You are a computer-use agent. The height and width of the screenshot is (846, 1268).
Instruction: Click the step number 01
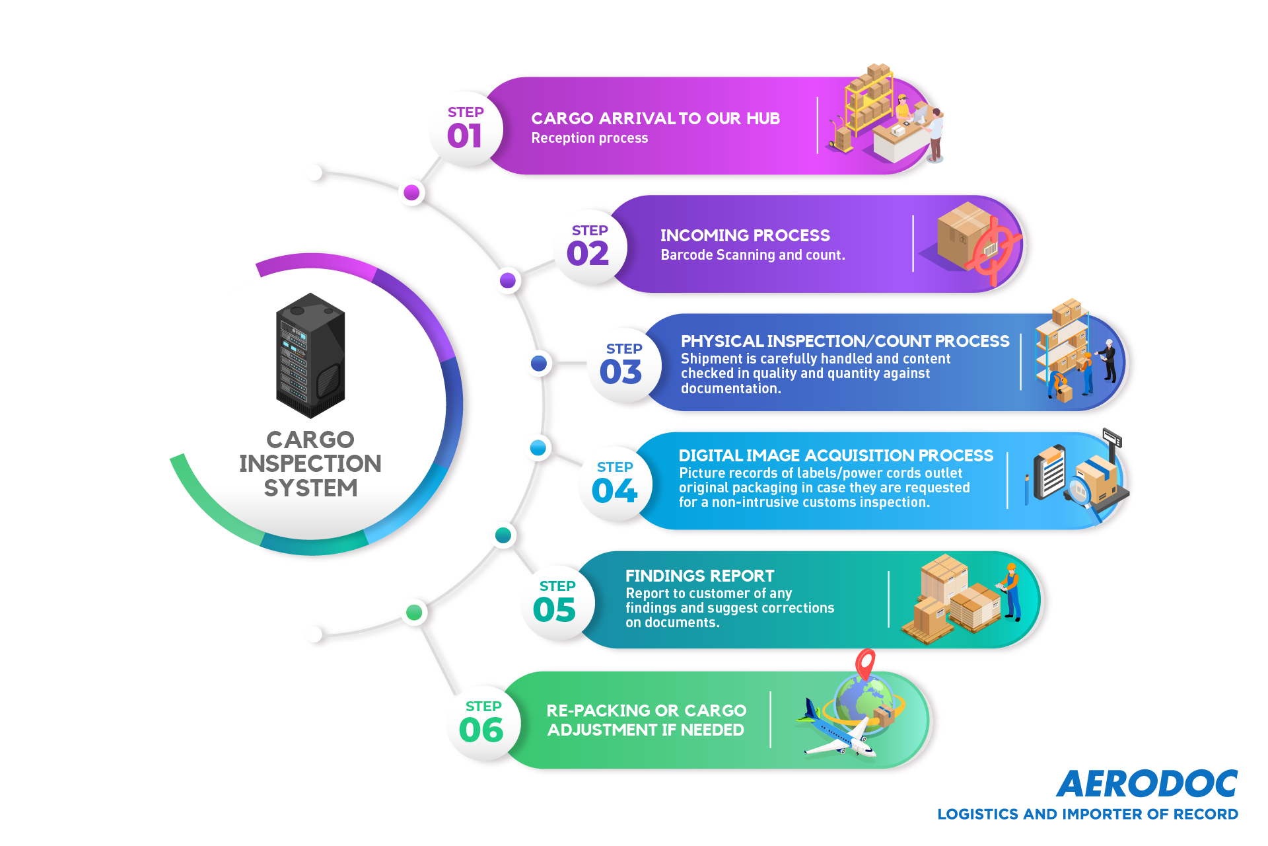[x=464, y=136]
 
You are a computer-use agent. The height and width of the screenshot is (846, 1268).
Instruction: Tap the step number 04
[x=614, y=490]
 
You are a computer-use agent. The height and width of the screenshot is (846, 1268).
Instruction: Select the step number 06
[x=481, y=730]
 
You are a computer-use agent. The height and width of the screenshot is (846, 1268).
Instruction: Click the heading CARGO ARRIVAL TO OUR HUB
[x=655, y=118]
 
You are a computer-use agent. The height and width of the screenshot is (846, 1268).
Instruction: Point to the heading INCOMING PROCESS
[x=745, y=235]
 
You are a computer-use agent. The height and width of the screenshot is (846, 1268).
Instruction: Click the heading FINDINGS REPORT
[x=699, y=576]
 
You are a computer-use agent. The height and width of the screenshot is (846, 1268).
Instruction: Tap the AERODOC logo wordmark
[x=1147, y=784]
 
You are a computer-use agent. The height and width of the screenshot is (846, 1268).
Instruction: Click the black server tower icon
[x=310, y=356]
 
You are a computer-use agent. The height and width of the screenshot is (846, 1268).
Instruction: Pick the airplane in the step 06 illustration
[x=837, y=730]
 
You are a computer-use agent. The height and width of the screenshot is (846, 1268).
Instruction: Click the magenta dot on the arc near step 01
[x=411, y=192]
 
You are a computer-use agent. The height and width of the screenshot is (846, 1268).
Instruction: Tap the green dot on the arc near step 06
[x=414, y=612]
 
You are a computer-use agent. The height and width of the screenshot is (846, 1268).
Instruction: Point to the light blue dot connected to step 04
[x=538, y=447]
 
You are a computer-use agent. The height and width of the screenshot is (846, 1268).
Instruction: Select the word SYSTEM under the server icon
[x=310, y=488]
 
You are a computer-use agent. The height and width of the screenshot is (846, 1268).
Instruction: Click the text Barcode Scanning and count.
[x=753, y=255]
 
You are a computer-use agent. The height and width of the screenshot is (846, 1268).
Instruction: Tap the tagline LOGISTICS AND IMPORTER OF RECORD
[x=1088, y=814]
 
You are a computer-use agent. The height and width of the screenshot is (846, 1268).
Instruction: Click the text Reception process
[x=590, y=138]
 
